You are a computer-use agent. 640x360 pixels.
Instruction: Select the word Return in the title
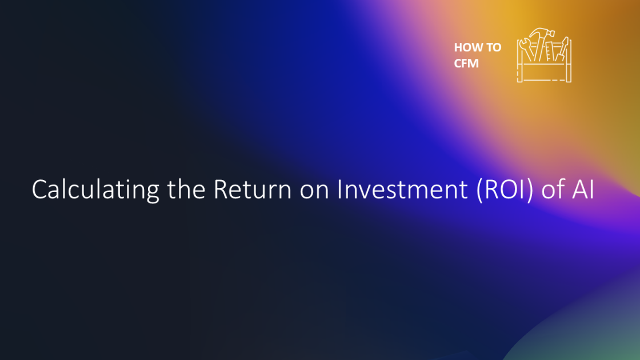tap(252, 189)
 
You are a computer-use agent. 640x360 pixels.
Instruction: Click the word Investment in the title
tap(402, 189)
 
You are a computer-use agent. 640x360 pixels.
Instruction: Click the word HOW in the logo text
tap(466, 47)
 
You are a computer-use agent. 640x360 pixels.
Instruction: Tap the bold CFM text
tap(466, 63)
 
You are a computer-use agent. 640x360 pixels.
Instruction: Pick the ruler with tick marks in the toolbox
tap(549, 51)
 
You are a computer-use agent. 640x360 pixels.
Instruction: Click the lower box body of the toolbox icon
tap(544, 72)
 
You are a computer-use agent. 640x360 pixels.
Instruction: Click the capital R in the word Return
tap(221, 190)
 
